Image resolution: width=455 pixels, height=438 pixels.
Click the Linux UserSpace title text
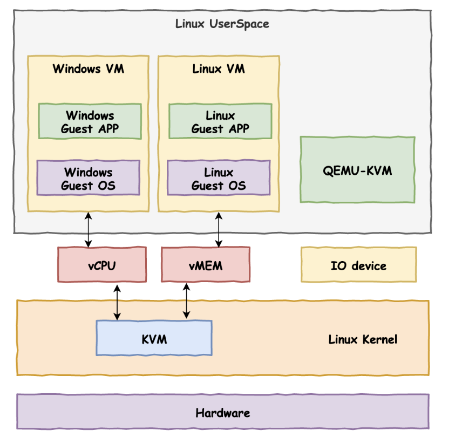(222, 24)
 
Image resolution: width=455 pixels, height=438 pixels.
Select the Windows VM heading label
(88, 69)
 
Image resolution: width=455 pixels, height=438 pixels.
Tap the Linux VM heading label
(218, 69)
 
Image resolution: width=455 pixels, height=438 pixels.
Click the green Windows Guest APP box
(90, 122)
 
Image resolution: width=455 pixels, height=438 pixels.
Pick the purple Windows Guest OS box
(88, 179)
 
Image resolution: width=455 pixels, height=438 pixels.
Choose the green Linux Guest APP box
(220, 122)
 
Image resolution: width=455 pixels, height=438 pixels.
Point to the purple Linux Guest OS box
(219, 179)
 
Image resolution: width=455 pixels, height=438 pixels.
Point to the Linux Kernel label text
(363, 339)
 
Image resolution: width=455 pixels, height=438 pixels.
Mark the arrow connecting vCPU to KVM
(117, 302)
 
